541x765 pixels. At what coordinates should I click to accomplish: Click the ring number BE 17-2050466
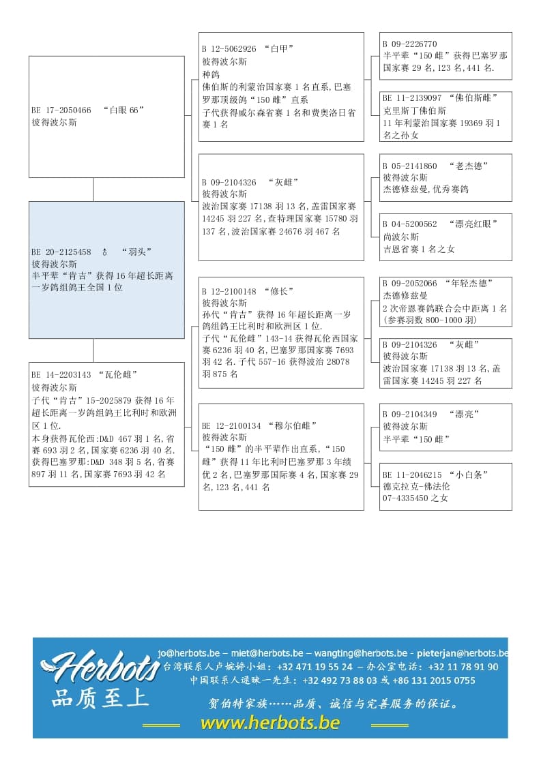point(61,110)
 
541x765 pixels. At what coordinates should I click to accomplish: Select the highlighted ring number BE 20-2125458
point(61,252)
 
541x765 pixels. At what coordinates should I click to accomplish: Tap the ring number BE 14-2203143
point(61,374)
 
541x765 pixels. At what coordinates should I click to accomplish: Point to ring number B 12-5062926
point(229,49)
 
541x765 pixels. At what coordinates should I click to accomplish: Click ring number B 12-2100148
point(229,291)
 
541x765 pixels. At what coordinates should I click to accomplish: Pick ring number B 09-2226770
point(410,44)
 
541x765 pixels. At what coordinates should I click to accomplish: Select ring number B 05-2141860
point(410,166)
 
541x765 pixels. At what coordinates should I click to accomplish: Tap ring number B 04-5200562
point(410,224)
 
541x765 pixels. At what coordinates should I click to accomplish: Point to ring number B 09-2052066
point(410,283)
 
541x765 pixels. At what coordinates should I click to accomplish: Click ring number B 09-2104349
point(410,414)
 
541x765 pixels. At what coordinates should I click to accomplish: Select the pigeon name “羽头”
point(136,252)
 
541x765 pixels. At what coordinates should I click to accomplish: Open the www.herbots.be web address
point(270,723)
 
